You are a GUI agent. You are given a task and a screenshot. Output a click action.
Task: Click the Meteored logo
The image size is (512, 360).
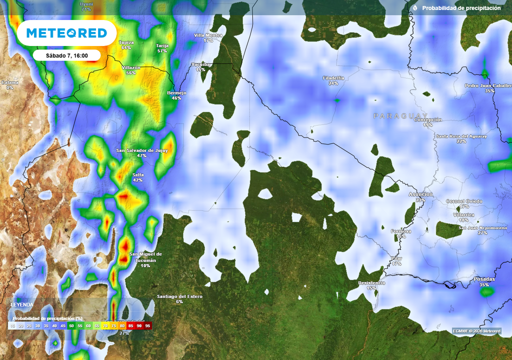66,33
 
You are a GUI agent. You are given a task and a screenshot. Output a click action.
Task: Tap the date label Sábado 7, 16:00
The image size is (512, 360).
67,55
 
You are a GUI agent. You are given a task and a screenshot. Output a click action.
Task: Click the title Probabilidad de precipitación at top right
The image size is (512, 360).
461,8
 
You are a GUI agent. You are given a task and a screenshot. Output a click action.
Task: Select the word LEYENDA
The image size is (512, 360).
22,304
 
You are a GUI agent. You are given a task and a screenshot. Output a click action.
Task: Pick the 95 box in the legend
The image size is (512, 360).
147,325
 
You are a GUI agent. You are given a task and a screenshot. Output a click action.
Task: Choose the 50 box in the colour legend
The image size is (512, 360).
71,325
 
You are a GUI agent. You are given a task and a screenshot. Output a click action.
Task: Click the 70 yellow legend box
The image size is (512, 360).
105,325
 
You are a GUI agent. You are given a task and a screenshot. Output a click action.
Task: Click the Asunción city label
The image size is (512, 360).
420,194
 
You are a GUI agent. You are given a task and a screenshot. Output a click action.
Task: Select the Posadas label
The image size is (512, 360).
484,279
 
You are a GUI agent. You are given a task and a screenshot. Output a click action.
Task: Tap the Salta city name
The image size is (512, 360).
138,174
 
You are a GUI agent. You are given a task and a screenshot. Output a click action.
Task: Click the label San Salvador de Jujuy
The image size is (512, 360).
142,150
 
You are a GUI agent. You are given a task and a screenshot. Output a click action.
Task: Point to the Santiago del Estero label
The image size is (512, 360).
179,296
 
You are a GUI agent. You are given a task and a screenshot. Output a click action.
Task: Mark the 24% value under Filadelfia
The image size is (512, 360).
333,83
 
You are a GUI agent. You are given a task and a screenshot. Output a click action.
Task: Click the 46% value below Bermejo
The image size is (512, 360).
176,98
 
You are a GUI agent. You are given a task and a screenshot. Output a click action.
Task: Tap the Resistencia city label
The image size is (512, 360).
371,283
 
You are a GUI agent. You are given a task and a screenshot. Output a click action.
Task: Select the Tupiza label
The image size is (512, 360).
126,42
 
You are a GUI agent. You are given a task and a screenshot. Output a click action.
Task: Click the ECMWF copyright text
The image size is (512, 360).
476,331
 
